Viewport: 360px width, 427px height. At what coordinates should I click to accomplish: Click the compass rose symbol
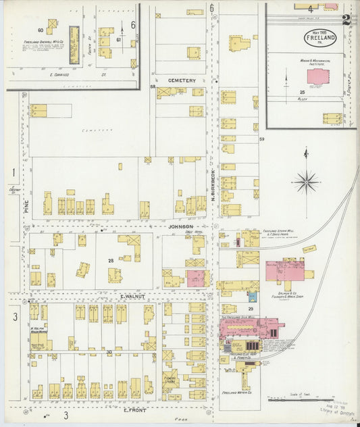click(x=306, y=181)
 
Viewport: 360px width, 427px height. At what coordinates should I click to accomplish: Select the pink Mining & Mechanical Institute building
click(x=315, y=76)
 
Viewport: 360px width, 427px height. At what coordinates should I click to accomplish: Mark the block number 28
click(x=109, y=260)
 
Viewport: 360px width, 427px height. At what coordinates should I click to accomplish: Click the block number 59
click(x=261, y=139)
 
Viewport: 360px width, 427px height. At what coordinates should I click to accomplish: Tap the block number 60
click(x=41, y=30)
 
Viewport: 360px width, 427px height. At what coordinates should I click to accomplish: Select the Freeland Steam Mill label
click(x=261, y=231)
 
